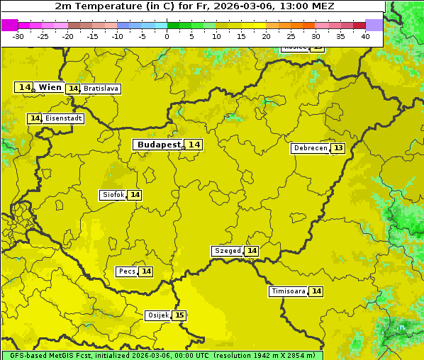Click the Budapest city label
(159, 144)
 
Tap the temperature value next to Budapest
(194, 145)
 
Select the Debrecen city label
(310, 148)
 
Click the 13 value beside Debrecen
(338, 148)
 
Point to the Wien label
(50, 87)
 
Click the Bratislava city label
(100, 89)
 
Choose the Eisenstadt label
(63, 118)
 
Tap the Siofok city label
(113, 195)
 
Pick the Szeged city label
(227, 251)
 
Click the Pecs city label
(127, 271)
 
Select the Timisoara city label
(289, 291)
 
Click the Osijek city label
(158, 315)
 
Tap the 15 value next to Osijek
(179, 315)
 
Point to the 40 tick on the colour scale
(365, 36)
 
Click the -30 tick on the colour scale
(18, 36)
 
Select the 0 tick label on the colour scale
(167, 36)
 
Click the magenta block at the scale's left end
(9, 25)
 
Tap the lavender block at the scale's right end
(374, 25)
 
